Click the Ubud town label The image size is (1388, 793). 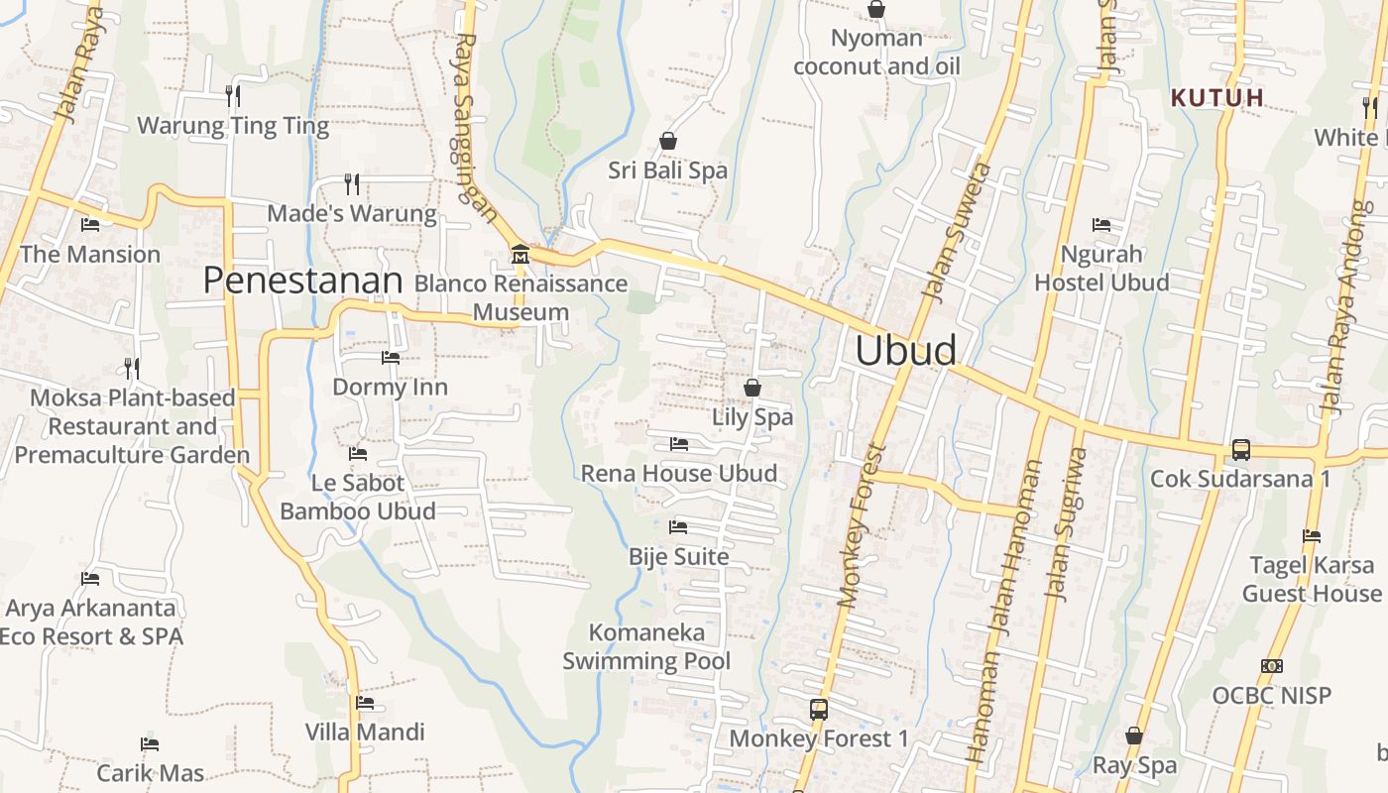(x=906, y=351)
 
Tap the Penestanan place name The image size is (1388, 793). (x=302, y=281)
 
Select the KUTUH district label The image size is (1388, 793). (x=1217, y=98)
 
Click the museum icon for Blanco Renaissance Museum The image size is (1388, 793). (x=520, y=255)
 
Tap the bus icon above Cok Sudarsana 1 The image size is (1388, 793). (x=1240, y=450)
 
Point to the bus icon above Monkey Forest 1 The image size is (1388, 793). (x=818, y=710)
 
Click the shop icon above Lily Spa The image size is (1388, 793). (x=752, y=388)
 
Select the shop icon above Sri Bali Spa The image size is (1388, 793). (x=668, y=141)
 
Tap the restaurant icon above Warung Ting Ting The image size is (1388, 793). (x=232, y=95)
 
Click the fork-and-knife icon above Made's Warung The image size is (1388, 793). (x=351, y=183)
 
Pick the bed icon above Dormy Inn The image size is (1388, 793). (x=390, y=357)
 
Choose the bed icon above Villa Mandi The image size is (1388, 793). (x=365, y=703)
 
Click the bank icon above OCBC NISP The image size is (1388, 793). (x=1271, y=665)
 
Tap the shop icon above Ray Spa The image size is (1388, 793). (x=1134, y=736)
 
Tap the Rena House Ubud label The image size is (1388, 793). (x=679, y=473)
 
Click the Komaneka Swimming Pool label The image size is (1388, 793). (x=646, y=646)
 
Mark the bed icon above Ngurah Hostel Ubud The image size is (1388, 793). (x=1101, y=225)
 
